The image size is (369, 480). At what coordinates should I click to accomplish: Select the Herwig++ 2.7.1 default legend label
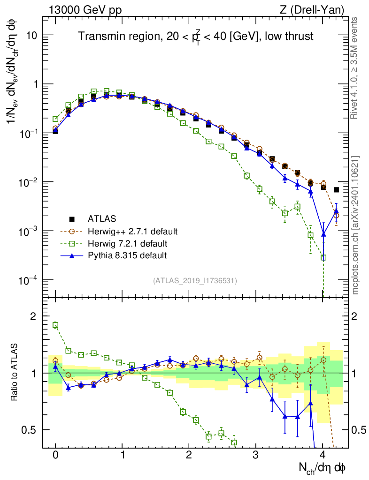[133, 231]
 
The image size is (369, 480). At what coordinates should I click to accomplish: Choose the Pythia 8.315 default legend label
[127, 255]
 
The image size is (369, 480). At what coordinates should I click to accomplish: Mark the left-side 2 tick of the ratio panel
[33, 316]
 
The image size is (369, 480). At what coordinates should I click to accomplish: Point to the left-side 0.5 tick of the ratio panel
[29, 430]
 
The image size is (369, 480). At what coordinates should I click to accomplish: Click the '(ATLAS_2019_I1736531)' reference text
[195, 281]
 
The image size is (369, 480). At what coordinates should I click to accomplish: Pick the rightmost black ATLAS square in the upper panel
[336, 190]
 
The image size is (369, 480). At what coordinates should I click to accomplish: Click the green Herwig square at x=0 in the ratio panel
[55, 325]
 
